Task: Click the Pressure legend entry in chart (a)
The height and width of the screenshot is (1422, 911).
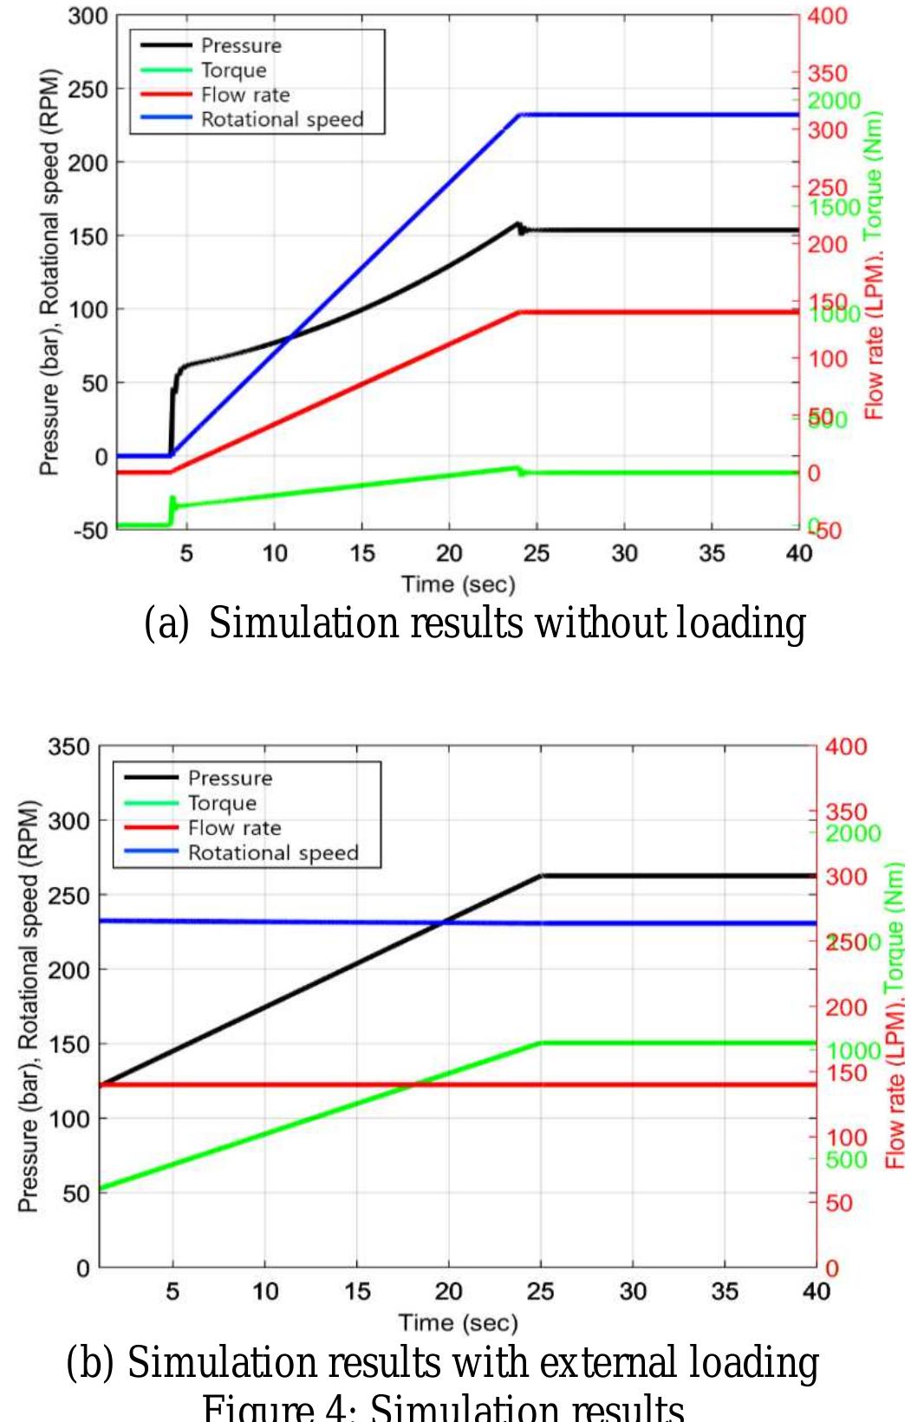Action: click(x=241, y=46)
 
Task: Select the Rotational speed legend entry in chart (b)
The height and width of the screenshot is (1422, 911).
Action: click(x=273, y=853)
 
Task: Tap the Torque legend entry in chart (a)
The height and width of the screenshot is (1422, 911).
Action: click(x=233, y=70)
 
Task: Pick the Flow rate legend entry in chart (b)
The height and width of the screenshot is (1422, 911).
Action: click(x=234, y=828)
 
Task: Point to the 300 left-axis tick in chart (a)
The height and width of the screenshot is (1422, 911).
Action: click(x=88, y=16)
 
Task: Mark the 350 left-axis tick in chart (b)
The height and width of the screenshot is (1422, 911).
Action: click(x=68, y=747)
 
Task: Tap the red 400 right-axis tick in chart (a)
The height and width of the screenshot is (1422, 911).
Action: click(x=827, y=16)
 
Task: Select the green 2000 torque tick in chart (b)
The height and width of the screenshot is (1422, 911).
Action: click(x=853, y=834)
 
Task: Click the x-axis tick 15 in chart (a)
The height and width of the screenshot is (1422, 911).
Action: click(x=362, y=553)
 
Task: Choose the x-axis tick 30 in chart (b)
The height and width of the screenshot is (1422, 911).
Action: click(x=633, y=1292)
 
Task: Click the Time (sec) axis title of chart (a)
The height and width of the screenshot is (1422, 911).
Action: click(x=458, y=584)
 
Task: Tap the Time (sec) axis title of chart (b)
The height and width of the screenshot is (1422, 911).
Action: click(x=458, y=1323)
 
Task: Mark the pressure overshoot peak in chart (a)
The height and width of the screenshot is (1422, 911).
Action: click(x=517, y=224)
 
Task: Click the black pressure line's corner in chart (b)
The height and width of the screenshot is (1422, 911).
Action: click(x=542, y=876)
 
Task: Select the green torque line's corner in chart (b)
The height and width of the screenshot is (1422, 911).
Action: click(x=542, y=1042)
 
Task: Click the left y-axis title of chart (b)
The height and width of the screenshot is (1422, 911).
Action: click(x=29, y=1006)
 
